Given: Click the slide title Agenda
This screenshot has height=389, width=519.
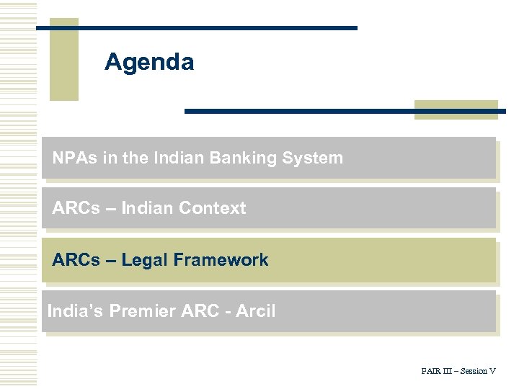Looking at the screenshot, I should pos(148,62).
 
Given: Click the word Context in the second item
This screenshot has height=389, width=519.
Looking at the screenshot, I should pos(213,208).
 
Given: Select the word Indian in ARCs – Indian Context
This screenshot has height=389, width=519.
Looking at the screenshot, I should pos(148,208).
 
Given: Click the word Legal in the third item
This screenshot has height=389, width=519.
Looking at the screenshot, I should pos(147,260).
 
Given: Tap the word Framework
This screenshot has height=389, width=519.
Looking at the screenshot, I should pos(223,260).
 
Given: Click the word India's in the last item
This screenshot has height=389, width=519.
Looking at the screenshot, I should pos(75,311).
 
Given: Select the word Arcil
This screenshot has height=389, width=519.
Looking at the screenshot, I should pos(254,311).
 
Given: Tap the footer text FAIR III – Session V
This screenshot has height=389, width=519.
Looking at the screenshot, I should pos(458,371).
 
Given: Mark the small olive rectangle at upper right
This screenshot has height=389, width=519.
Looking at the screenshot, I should pos(456,109).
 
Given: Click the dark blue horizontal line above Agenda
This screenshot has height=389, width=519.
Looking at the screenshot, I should pos(196,27).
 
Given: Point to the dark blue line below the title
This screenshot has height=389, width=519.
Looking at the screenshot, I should pos(345,111).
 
